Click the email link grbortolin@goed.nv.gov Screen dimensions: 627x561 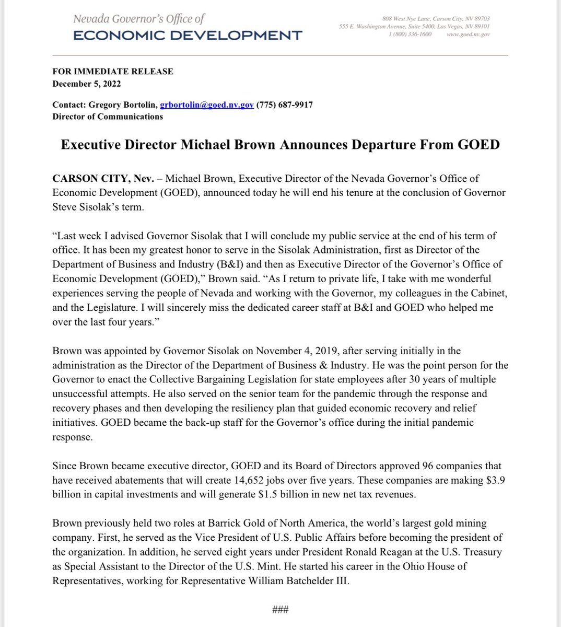(x=207, y=105)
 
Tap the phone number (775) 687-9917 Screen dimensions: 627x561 (x=285, y=105)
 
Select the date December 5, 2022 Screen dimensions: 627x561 (x=87, y=83)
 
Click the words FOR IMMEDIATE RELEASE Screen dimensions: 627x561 (x=113, y=72)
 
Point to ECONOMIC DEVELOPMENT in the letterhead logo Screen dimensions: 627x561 (x=188, y=36)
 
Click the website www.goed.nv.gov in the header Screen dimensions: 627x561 (x=469, y=34)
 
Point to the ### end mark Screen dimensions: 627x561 (x=280, y=610)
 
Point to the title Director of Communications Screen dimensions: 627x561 (x=108, y=117)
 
